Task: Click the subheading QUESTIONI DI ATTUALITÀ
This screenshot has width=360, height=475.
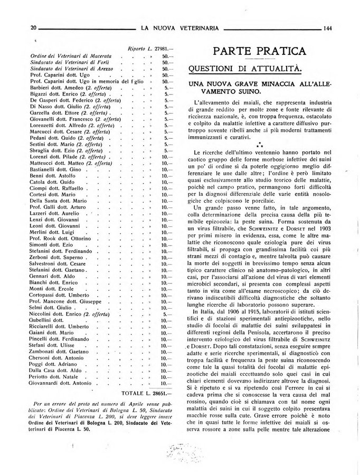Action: [x=246, y=69]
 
